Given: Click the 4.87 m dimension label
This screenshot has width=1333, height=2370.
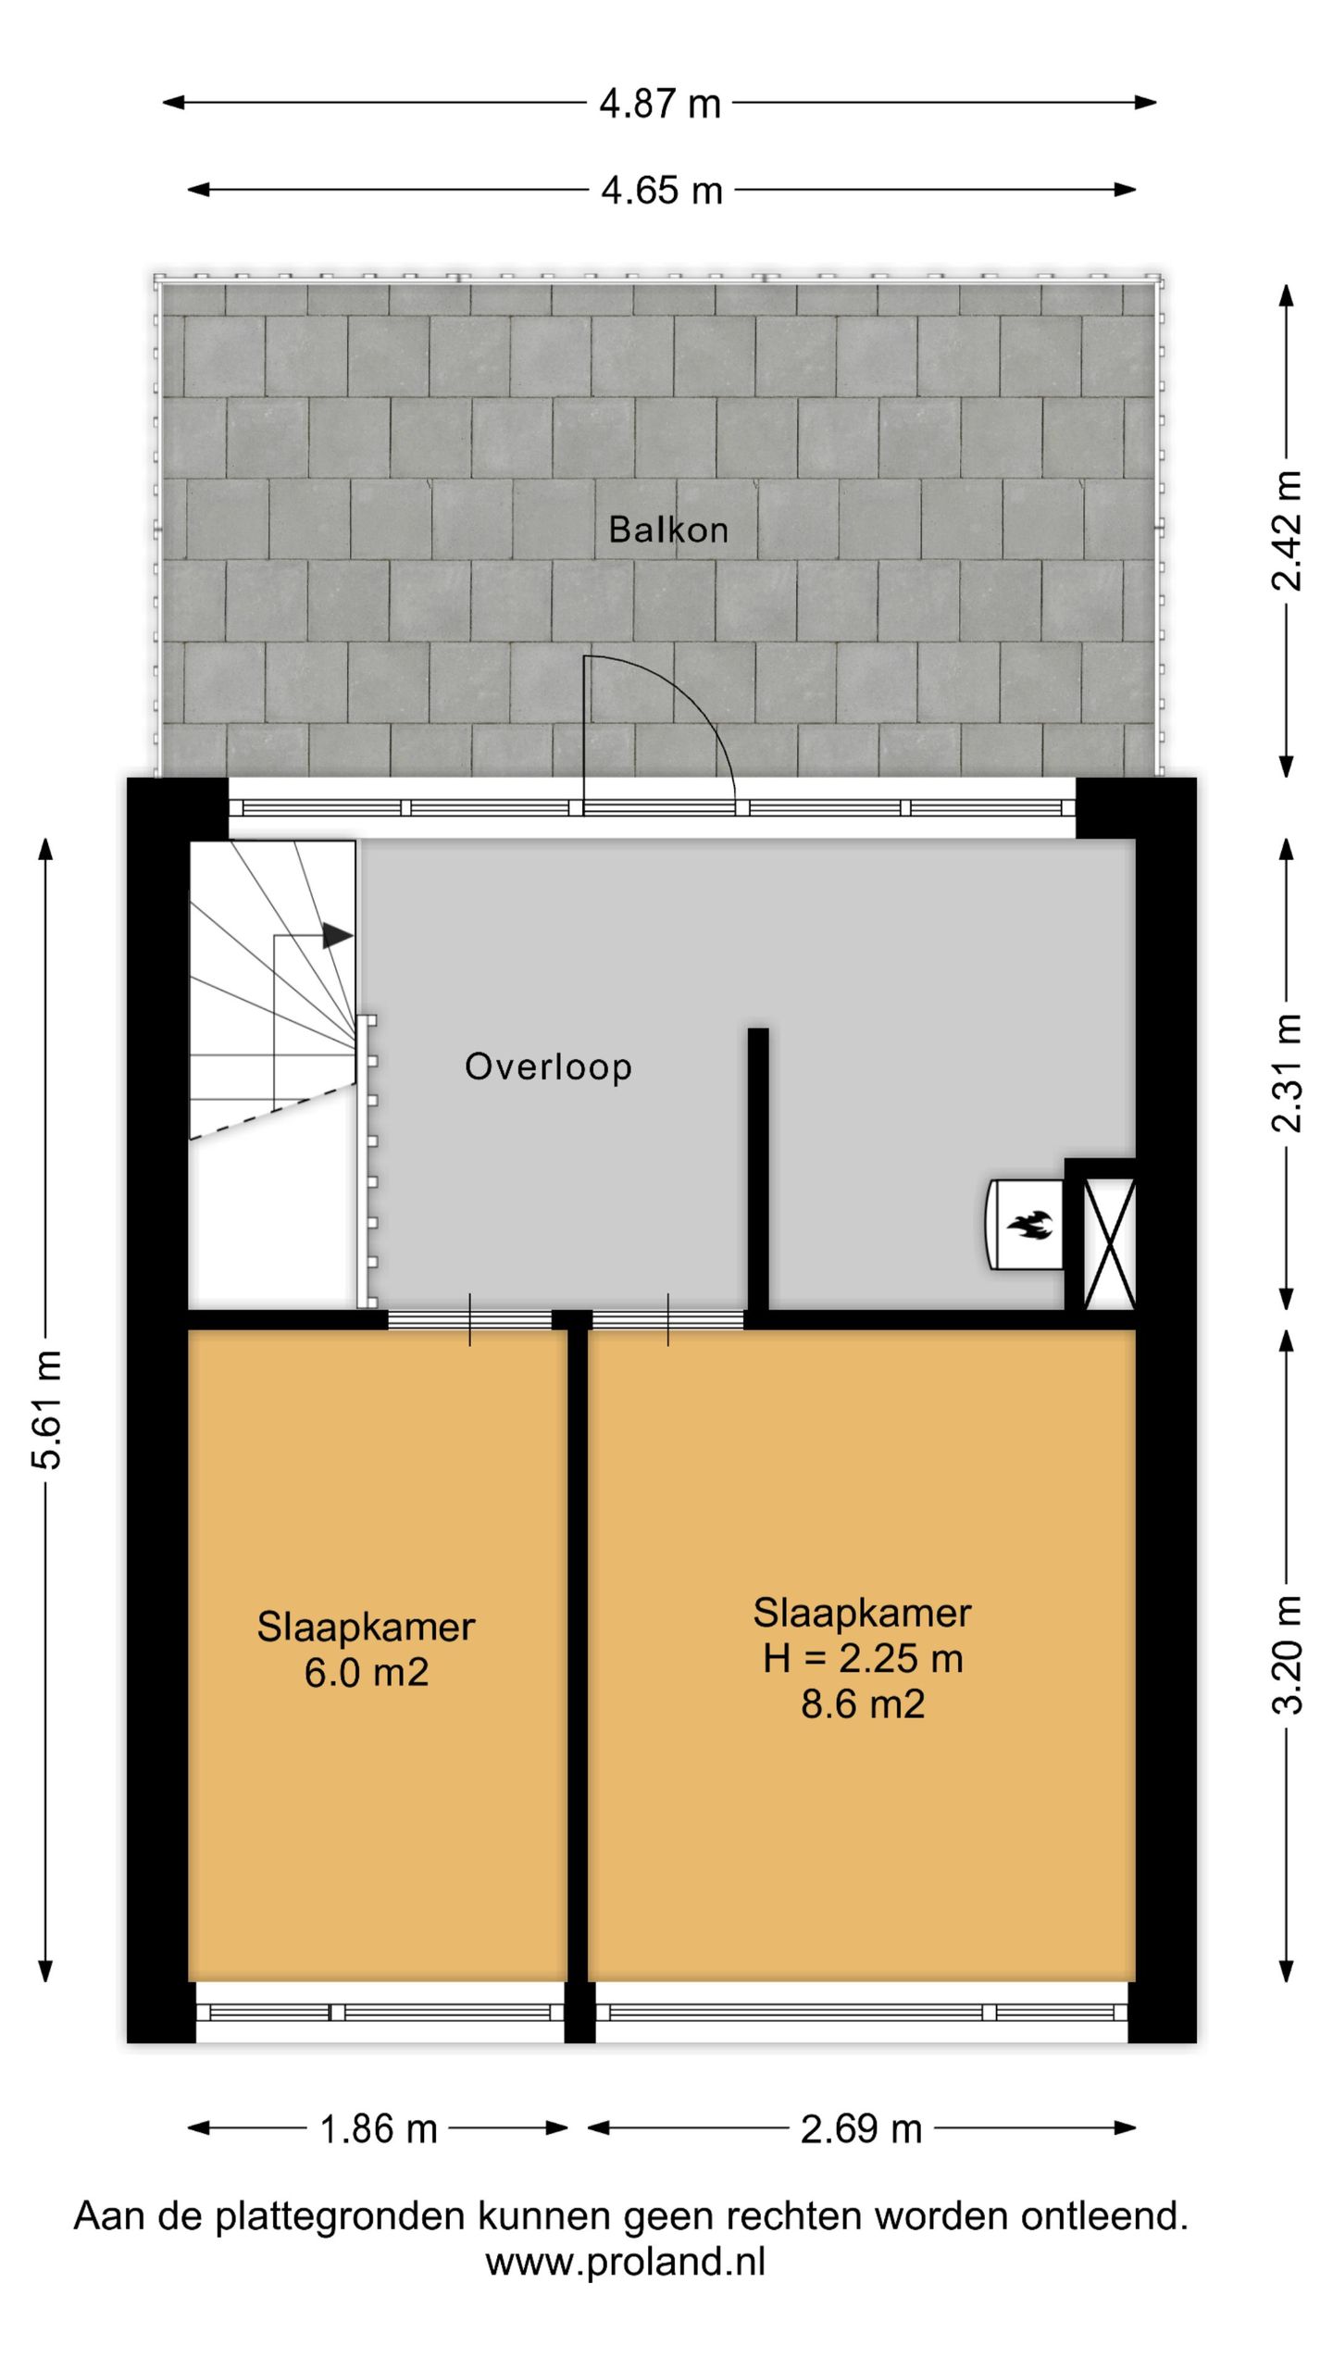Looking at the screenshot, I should (659, 103).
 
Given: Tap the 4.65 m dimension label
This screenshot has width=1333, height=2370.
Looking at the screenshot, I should (661, 191).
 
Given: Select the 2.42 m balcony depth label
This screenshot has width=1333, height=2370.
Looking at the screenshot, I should (1286, 530).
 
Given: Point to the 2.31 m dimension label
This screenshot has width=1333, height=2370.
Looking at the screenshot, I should (1286, 1073).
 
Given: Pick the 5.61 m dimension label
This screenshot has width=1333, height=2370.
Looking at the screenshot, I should (46, 1410).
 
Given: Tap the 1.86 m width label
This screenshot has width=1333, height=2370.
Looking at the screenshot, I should (378, 2129).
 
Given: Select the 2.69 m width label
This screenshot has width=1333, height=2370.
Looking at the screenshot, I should (861, 2129).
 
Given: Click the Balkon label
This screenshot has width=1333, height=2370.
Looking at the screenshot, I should (667, 530).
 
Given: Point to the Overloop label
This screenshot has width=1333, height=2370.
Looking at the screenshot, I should (548, 1066).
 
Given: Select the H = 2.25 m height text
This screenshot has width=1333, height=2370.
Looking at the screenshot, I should (863, 1658).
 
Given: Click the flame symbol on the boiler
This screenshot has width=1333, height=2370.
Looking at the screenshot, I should (1031, 1225).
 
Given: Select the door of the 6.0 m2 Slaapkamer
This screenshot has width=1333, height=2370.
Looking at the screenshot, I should (469, 1320).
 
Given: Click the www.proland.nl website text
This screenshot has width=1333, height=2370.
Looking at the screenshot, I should (626, 2262).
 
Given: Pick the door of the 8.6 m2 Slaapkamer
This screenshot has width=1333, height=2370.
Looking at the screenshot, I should (667, 1320).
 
